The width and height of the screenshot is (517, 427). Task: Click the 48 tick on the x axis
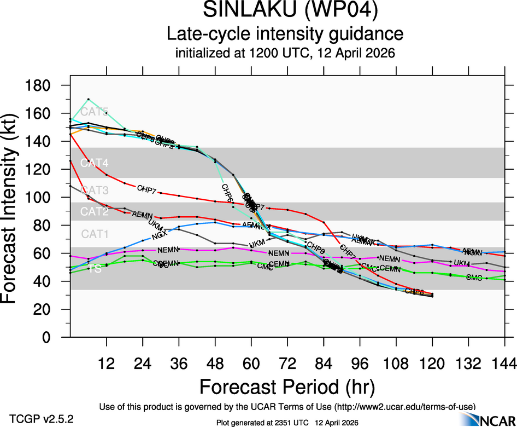pyautogui.click(x=215, y=364)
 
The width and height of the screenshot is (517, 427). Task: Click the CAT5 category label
pyautogui.click(x=95, y=113)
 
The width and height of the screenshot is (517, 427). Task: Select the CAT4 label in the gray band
pyautogui.click(x=95, y=163)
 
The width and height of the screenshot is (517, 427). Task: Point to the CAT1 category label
pyautogui.click(x=95, y=234)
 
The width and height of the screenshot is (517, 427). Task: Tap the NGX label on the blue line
pyautogui.click(x=159, y=235)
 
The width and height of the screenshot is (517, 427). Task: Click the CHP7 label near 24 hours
pyautogui.click(x=146, y=189)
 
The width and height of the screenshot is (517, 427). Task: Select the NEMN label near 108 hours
pyautogui.click(x=390, y=258)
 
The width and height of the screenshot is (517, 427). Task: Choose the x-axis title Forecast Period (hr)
pyautogui.click(x=287, y=387)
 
